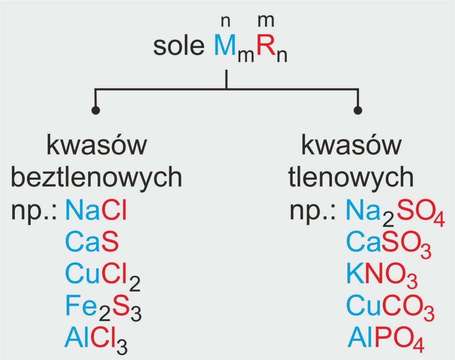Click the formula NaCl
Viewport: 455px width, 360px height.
[x=96, y=209]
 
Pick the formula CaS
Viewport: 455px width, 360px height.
[x=92, y=241]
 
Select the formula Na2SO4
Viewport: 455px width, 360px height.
[x=395, y=212]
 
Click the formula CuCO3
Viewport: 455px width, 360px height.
[x=390, y=308]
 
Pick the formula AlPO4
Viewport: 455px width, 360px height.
[x=386, y=340]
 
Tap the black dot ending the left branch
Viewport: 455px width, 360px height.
[x=96, y=110]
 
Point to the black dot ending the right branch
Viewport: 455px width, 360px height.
[x=358, y=110]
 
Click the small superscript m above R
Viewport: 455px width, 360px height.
[x=266, y=21]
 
